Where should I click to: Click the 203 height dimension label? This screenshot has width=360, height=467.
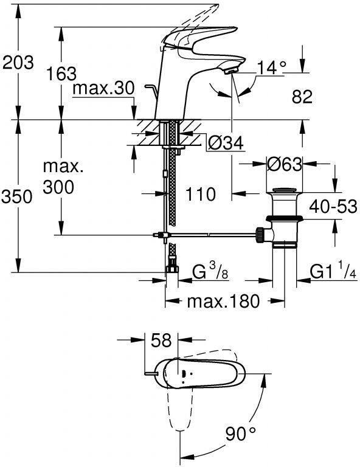tap(18, 63)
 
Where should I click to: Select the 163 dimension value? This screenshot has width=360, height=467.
tap(61, 74)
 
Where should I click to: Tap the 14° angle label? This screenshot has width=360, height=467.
tap(272, 67)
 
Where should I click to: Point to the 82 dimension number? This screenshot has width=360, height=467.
tap(302, 97)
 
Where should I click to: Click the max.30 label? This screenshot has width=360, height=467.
tap(103, 88)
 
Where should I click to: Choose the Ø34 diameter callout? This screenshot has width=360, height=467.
tap(226, 144)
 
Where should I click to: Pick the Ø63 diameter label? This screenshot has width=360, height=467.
tap(285, 164)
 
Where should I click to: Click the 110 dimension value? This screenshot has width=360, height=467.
tap(201, 194)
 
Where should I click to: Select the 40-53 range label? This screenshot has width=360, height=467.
tap(333, 206)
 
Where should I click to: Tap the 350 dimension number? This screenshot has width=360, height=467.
tap(16, 197)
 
